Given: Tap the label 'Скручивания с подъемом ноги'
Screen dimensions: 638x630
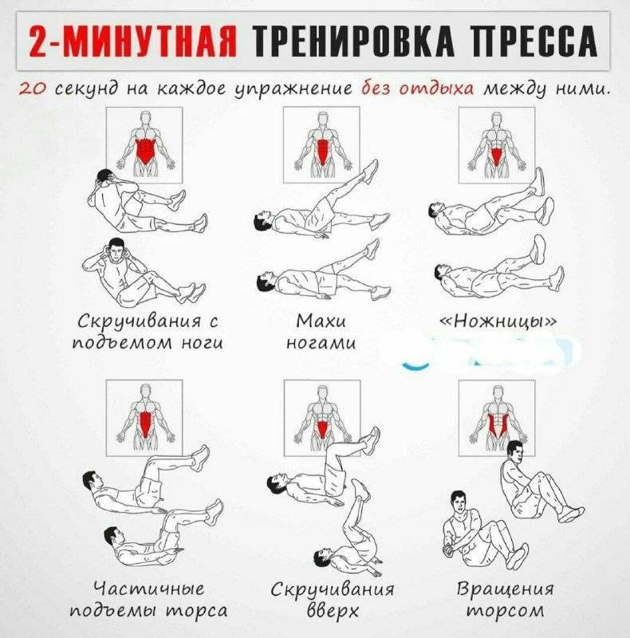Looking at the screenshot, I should click(x=148, y=332).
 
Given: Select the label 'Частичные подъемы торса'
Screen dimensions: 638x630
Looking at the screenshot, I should click(x=148, y=600).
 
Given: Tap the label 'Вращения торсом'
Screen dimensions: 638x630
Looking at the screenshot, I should click(x=505, y=600).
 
